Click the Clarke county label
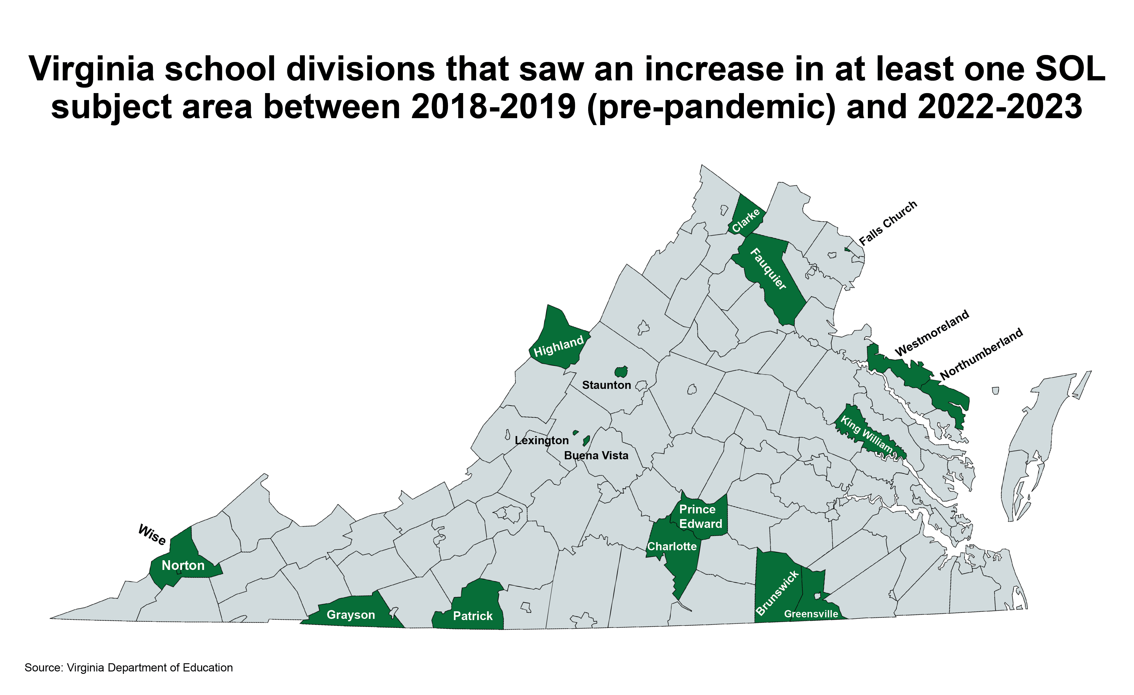point(746,221)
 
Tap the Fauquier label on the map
point(768,269)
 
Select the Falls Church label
point(888,223)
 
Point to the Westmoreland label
point(932,333)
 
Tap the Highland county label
point(558,346)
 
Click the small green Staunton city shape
point(621,372)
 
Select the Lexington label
point(542,441)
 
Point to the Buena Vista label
point(596,456)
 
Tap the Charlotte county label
point(672,546)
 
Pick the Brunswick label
point(777,593)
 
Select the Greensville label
point(811,614)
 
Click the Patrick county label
point(473,616)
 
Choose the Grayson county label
point(351,615)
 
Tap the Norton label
point(183,565)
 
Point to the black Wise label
point(152,535)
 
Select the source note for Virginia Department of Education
point(129,668)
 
